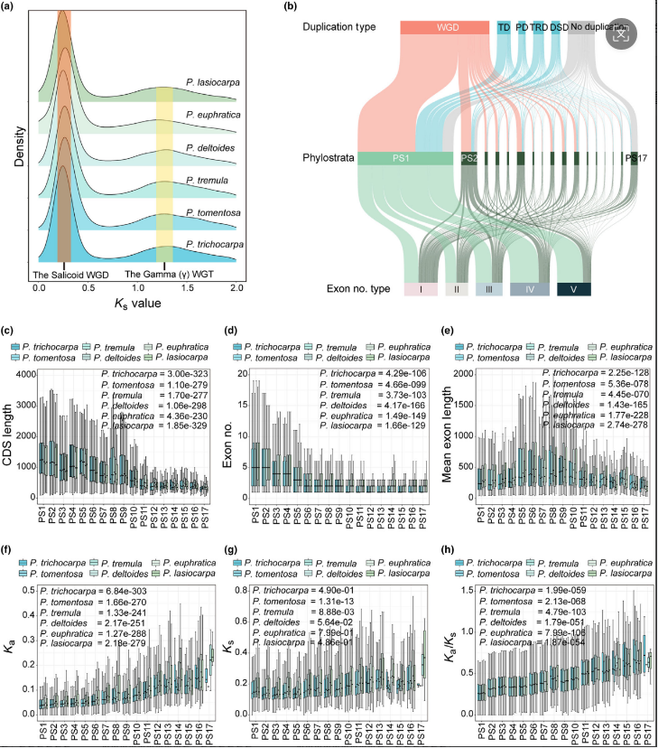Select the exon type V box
[573, 289]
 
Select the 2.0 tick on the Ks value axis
[236, 285]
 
